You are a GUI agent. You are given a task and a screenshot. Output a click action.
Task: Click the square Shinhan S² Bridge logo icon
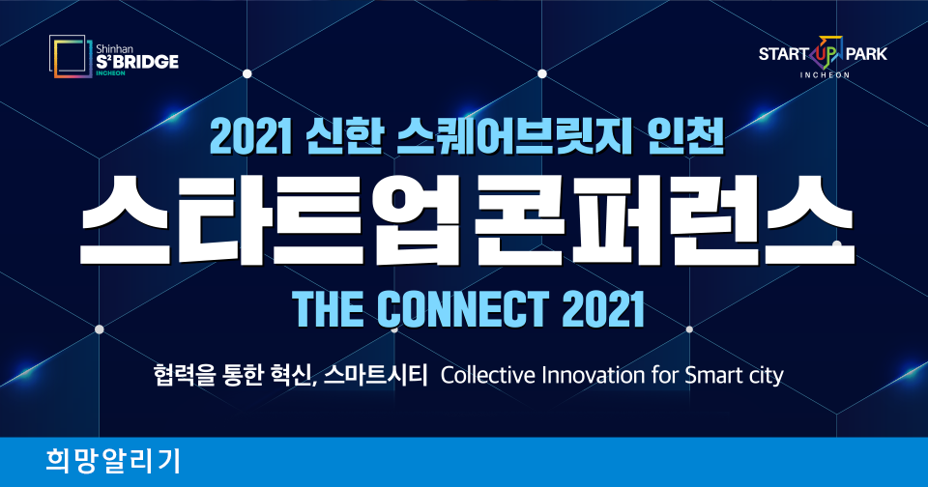[x=71, y=56]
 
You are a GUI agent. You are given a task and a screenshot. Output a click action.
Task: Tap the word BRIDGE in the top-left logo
[x=146, y=62]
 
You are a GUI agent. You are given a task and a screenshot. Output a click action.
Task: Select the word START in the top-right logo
[x=784, y=54]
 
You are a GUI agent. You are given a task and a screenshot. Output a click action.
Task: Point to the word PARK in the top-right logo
[x=866, y=54]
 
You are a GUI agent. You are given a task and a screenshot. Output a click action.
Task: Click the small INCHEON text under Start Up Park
[x=825, y=75]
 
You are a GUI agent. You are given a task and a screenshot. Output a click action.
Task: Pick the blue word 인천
[x=686, y=137]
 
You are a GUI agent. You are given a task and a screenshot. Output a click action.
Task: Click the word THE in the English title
[x=328, y=308]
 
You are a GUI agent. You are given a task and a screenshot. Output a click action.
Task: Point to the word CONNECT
[x=463, y=308]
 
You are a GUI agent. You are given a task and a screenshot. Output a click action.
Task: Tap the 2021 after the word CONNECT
[x=602, y=308]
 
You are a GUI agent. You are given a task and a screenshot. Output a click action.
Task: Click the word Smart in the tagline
[x=713, y=375]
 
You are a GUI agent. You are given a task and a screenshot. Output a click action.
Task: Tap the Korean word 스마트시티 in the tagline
[x=375, y=375]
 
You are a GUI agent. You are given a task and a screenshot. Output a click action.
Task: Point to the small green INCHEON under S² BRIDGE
[x=110, y=73]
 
